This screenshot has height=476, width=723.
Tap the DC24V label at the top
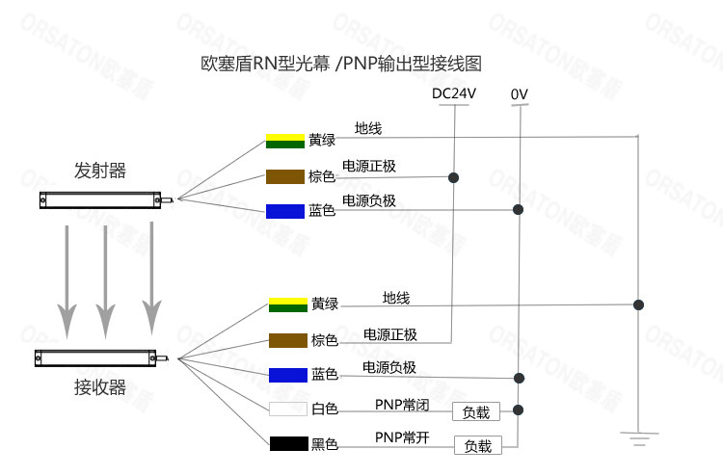[x=453, y=93]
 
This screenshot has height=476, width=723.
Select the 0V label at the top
[x=520, y=94]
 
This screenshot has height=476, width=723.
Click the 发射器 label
[x=100, y=171]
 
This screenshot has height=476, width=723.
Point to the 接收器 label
[x=100, y=387]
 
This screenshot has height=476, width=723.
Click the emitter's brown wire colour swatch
[x=285, y=176]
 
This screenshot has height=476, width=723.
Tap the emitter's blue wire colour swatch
[x=285, y=210]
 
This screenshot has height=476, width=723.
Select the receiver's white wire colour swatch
[x=288, y=409]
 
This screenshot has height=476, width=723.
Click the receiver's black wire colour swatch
[x=288, y=444]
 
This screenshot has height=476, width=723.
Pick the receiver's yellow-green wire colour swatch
[x=288, y=304]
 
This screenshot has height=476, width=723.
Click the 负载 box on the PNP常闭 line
[x=476, y=412]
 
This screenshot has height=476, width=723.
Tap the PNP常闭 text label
[x=402, y=406]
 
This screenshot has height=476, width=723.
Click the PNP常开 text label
[x=402, y=438]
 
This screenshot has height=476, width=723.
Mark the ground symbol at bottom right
[x=637, y=438]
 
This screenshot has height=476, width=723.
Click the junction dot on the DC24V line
[x=453, y=177]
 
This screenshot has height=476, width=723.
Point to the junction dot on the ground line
[x=638, y=304]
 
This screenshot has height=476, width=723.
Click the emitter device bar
[x=99, y=199]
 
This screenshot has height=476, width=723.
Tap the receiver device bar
[x=95, y=358]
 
